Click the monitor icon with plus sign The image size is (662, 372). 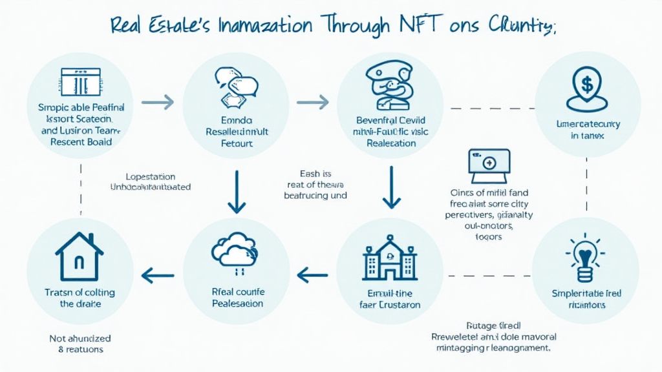(489, 165)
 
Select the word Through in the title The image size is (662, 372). (356, 26)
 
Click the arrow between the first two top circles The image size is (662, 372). (157, 101)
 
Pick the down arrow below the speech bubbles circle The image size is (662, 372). (236, 192)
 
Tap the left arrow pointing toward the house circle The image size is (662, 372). (156, 276)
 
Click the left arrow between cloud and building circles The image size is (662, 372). (312, 276)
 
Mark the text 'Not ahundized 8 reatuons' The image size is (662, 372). (80, 344)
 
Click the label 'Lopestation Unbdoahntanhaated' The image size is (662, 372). (151, 181)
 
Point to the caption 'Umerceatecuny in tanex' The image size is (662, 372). (588, 129)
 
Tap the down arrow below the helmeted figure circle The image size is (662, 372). (390, 187)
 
